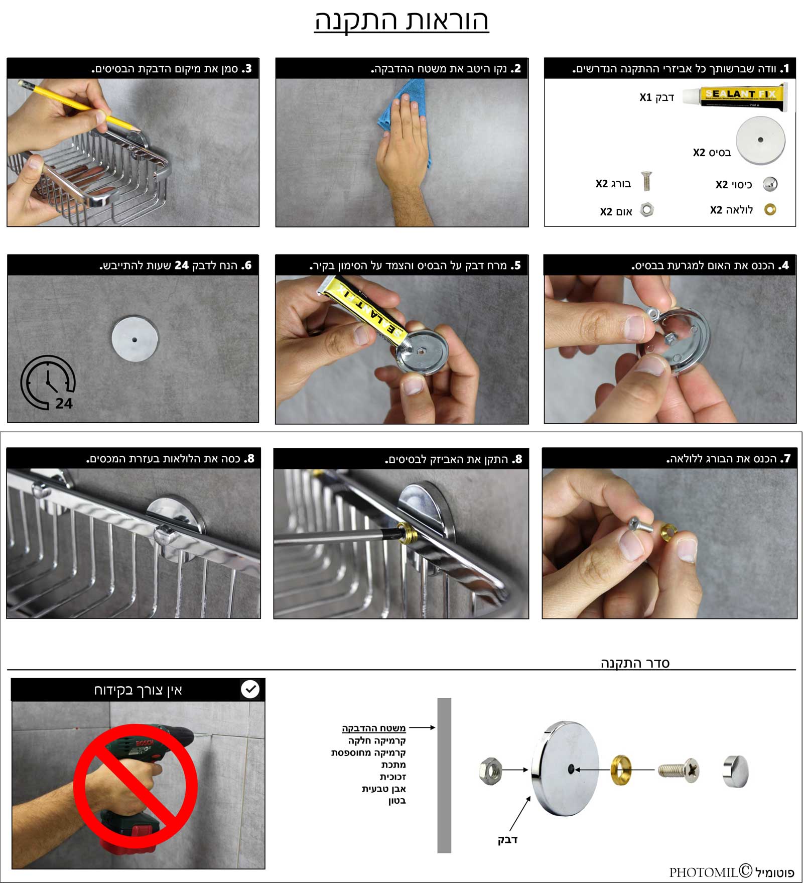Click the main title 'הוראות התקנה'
[x=401, y=21]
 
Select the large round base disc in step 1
[x=760, y=141]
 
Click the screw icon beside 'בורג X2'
[x=646, y=181]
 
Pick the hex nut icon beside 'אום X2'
[x=647, y=210]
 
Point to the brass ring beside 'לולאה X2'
[x=770, y=209]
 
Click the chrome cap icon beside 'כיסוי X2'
[x=770, y=184]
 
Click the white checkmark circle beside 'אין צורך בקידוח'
[x=250, y=689]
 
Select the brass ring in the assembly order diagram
[x=620, y=769]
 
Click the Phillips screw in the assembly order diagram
[x=679, y=770]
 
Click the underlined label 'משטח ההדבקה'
[x=374, y=728]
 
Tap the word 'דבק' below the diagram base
[x=507, y=839]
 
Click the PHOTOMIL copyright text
[x=732, y=872]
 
